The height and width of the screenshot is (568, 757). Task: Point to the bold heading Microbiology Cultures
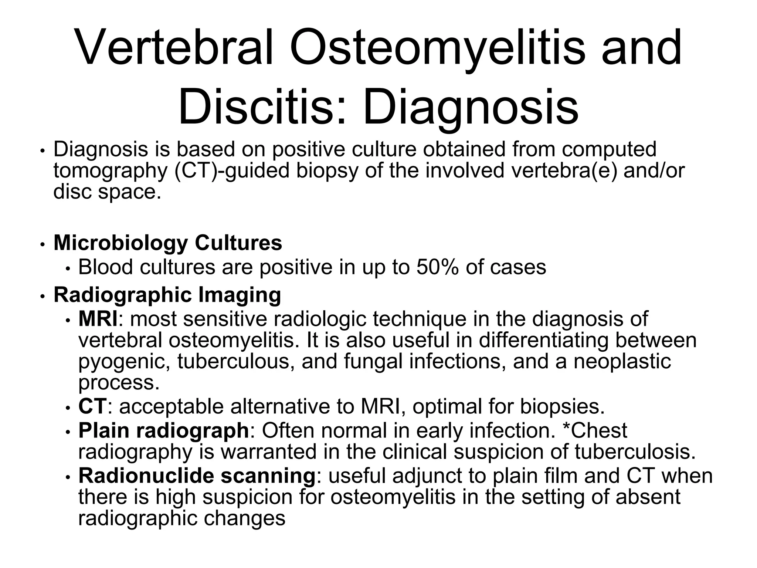point(168,243)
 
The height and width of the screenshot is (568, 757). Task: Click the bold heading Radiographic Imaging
point(167,295)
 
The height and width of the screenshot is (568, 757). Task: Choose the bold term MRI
point(98,319)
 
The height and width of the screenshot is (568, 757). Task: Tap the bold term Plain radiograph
point(164,430)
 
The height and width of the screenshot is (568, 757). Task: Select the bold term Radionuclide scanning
point(197,476)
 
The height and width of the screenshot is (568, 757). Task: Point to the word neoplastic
point(622,361)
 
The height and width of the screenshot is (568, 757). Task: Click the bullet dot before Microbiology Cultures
point(43,245)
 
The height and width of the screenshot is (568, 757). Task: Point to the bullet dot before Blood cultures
point(68,269)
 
